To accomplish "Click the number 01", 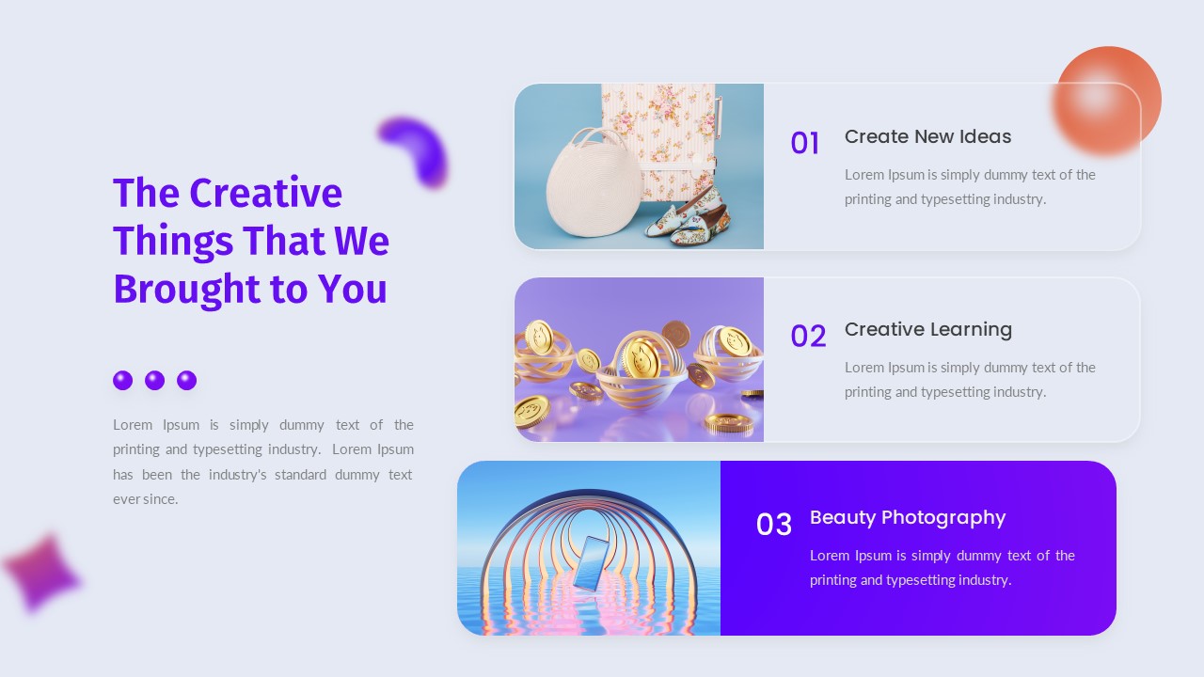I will (x=804, y=144).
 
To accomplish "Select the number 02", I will (x=808, y=337).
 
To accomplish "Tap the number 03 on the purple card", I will (x=774, y=525).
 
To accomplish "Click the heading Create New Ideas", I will (x=927, y=137).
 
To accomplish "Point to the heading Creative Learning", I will (x=927, y=330).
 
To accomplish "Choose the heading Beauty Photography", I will (x=907, y=518).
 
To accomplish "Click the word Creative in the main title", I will (x=265, y=194).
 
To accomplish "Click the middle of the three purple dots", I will (x=155, y=380).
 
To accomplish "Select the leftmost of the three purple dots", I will (x=123, y=380).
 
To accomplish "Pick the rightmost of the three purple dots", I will (x=187, y=380).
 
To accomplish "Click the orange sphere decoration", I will (x=1107, y=100).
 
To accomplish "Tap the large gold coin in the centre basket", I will (x=642, y=356).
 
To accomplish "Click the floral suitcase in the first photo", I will (x=658, y=122).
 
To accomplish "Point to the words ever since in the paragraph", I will (x=146, y=499).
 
